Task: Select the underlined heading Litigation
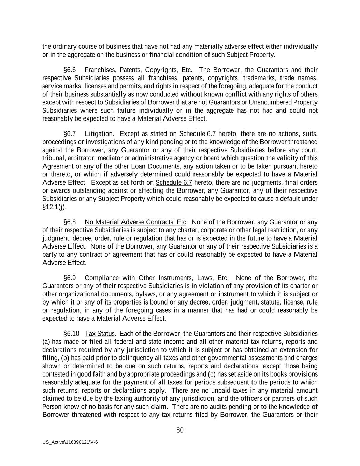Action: click(x=98, y=134)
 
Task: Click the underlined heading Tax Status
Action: click(x=99, y=334)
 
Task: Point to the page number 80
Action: click(x=180, y=430)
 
